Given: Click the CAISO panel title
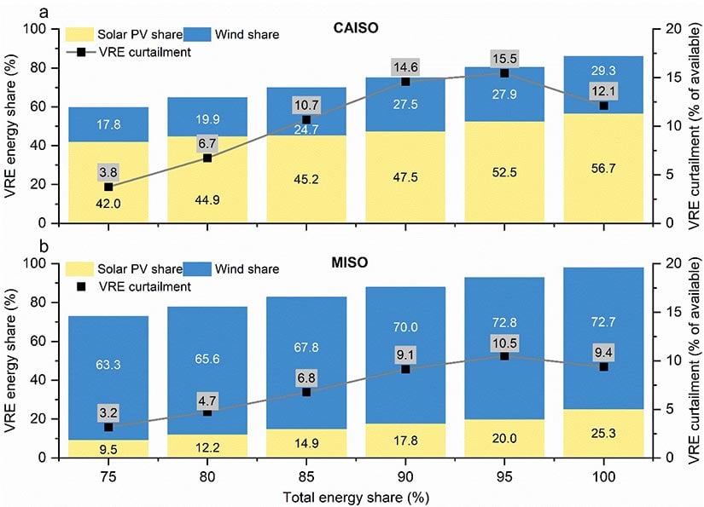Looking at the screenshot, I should tap(357, 27).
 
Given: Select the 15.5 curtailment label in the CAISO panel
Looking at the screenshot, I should tap(504, 59).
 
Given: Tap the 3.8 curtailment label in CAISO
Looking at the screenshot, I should tap(108, 170).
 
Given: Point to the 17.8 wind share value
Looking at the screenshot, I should tap(108, 124).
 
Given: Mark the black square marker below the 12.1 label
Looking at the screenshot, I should tap(603, 106).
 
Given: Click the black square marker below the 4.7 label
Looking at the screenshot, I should tap(207, 412).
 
